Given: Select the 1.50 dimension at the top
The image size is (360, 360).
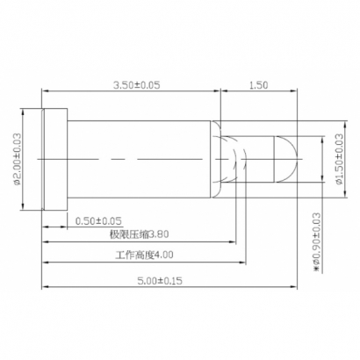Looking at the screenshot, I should [258, 84].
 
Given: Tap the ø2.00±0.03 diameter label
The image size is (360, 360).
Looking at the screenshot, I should [17, 159].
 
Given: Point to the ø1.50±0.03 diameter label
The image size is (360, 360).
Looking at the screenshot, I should [339, 158].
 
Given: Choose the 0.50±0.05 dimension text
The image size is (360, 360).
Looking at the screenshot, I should [98, 220].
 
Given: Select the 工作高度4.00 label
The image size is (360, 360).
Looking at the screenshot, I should [144, 256].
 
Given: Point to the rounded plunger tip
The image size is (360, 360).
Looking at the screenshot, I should [290, 159].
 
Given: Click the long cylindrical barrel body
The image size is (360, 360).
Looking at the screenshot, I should [140, 159].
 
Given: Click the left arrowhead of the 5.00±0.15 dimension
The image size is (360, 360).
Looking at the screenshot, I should [45, 285].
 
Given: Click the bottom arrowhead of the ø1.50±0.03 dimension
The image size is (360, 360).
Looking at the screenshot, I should [328, 183].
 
